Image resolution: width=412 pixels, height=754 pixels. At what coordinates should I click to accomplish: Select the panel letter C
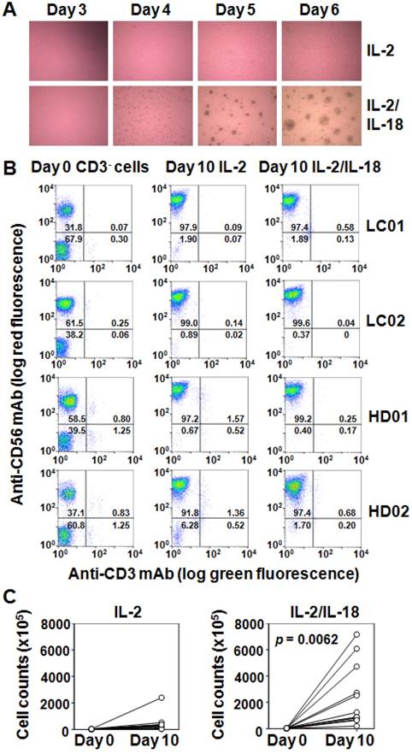tap(9, 595)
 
